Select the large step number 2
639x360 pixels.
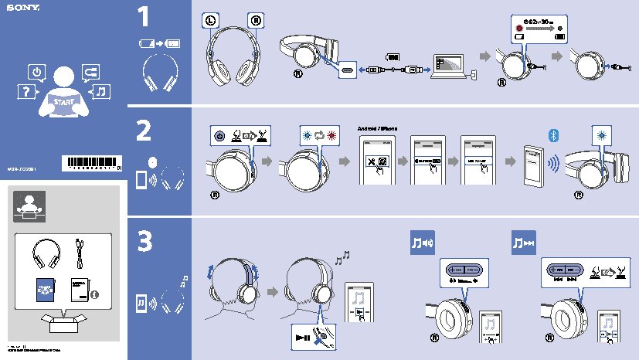(144, 131)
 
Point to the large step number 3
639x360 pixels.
(144, 242)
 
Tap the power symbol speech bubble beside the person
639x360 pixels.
(36, 73)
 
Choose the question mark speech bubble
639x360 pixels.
(25, 93)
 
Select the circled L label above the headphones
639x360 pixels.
(212, 19)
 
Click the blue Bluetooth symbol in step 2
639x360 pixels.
(552, 135)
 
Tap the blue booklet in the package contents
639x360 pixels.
(45, 288)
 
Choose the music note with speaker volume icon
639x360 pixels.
(423, 244)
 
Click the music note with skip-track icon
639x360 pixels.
(524, 244)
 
